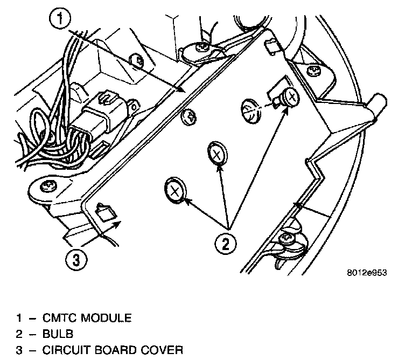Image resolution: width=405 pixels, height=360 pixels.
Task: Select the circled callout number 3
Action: [76, 260]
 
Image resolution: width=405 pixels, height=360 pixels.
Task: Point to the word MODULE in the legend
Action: [104, 318]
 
